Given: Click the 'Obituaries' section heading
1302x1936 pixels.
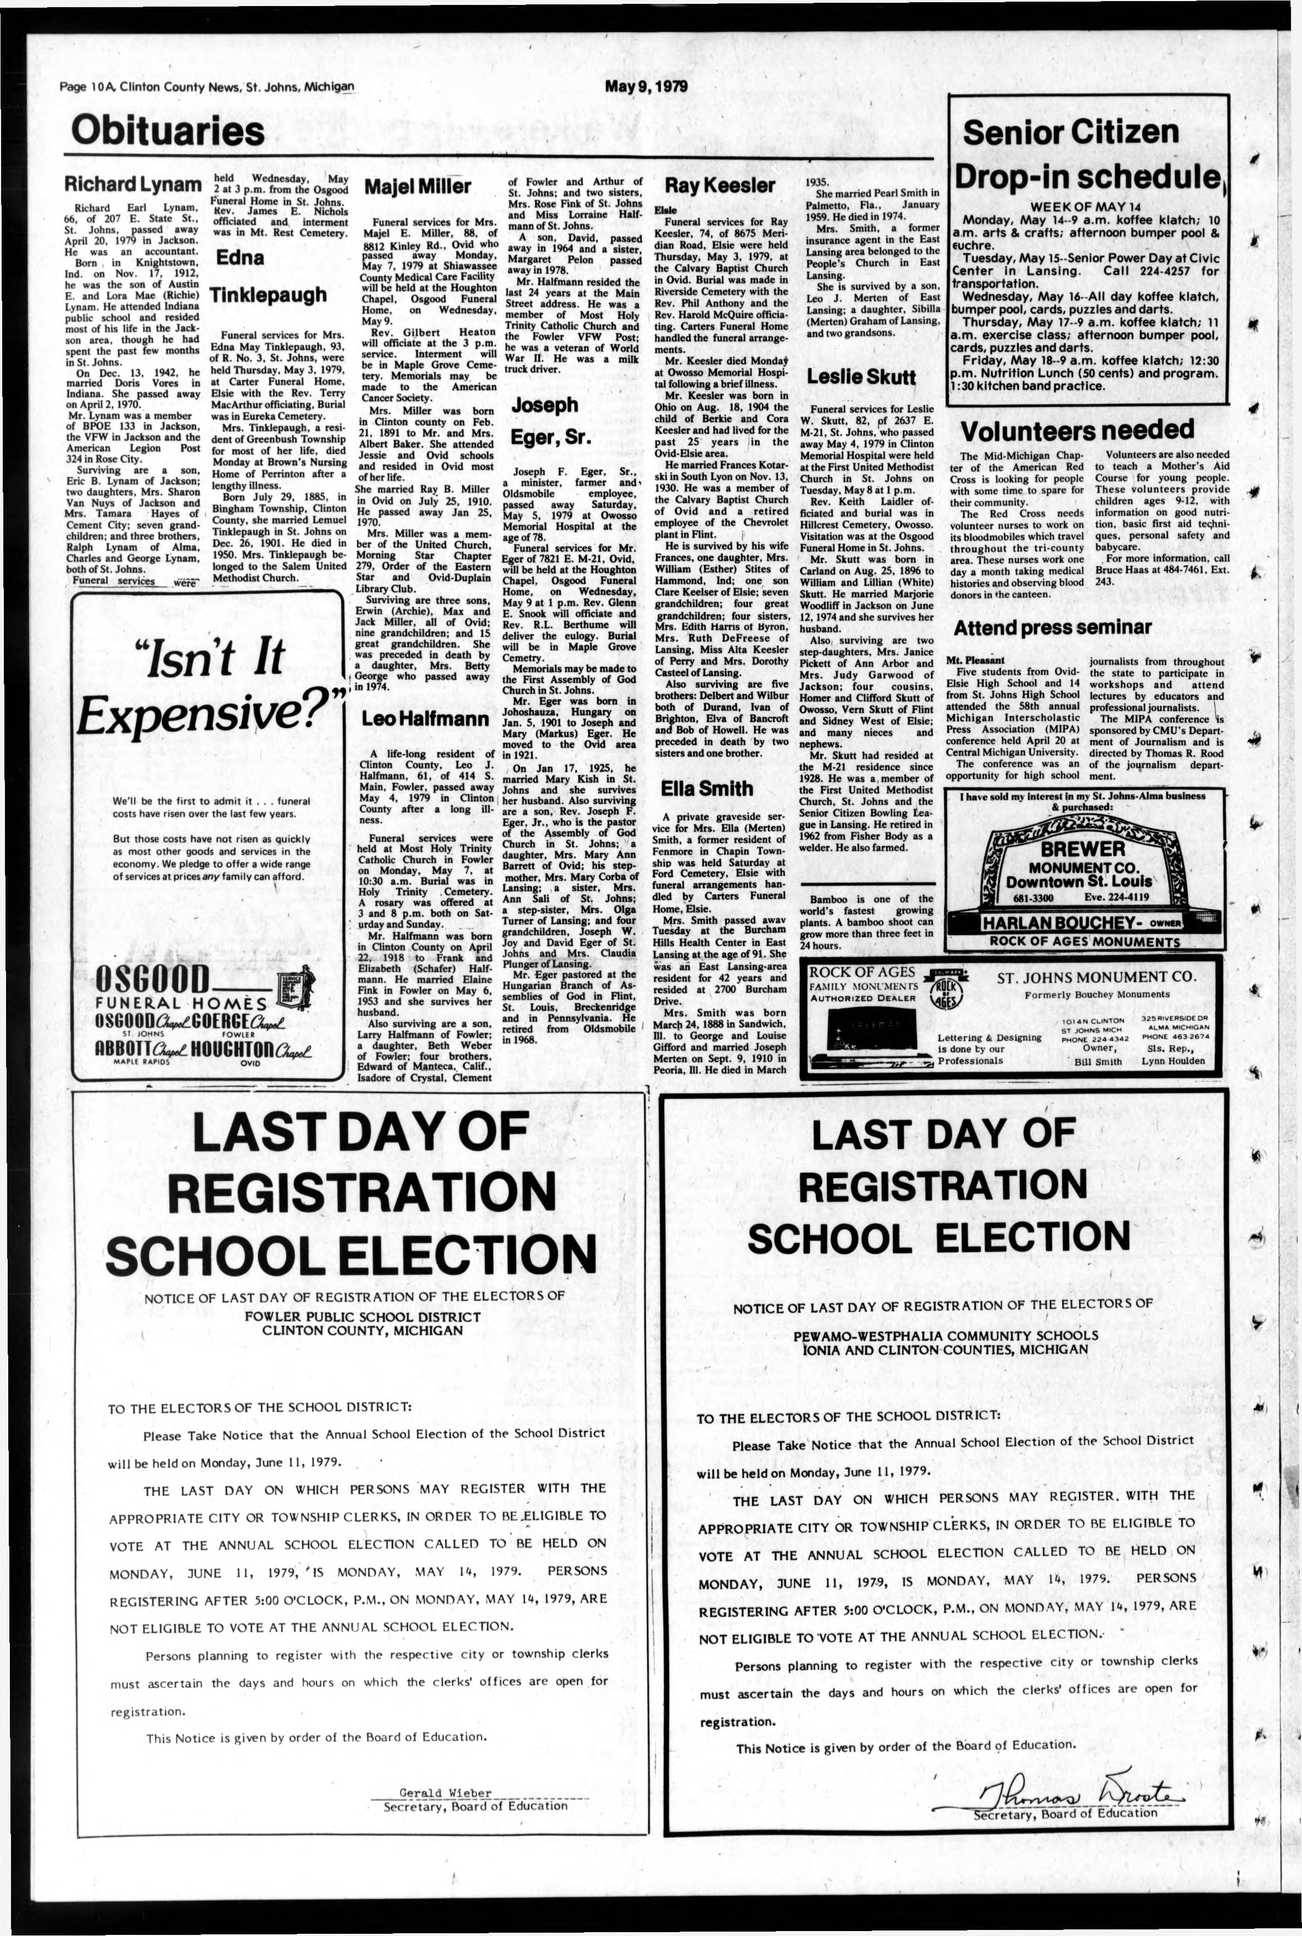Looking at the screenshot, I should (x=168, y=131).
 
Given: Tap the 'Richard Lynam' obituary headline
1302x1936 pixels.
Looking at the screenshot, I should (x=133, y=184).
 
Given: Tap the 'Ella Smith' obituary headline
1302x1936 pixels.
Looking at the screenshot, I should (x=707, y=788).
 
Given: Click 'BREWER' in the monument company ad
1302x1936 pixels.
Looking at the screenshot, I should (x=1082, y=849).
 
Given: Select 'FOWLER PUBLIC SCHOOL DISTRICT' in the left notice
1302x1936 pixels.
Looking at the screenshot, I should (x=362, y=1317).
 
